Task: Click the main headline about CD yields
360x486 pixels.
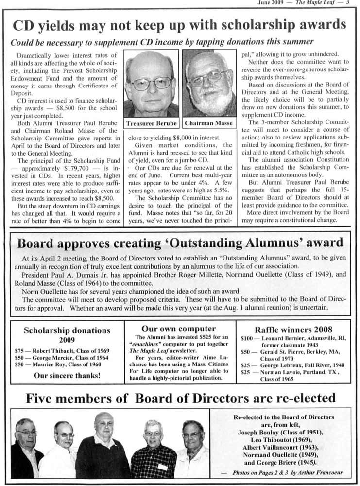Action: coord(179,25)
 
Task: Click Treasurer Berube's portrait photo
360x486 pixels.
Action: coord(151,83)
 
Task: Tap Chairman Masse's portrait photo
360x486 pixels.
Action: coord(209,83)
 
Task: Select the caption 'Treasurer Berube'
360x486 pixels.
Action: coord(151,123)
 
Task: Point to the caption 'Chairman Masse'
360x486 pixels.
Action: coord(208,123)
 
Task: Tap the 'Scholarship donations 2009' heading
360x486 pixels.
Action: coord(67,335)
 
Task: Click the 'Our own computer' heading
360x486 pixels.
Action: coord(178,329)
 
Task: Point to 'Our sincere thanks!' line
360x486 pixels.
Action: coord(67,376)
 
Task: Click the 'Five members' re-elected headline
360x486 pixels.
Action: coord(180,399)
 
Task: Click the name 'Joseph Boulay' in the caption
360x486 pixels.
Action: coord(258,432)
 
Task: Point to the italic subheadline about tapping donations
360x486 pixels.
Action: coord(162,42)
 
